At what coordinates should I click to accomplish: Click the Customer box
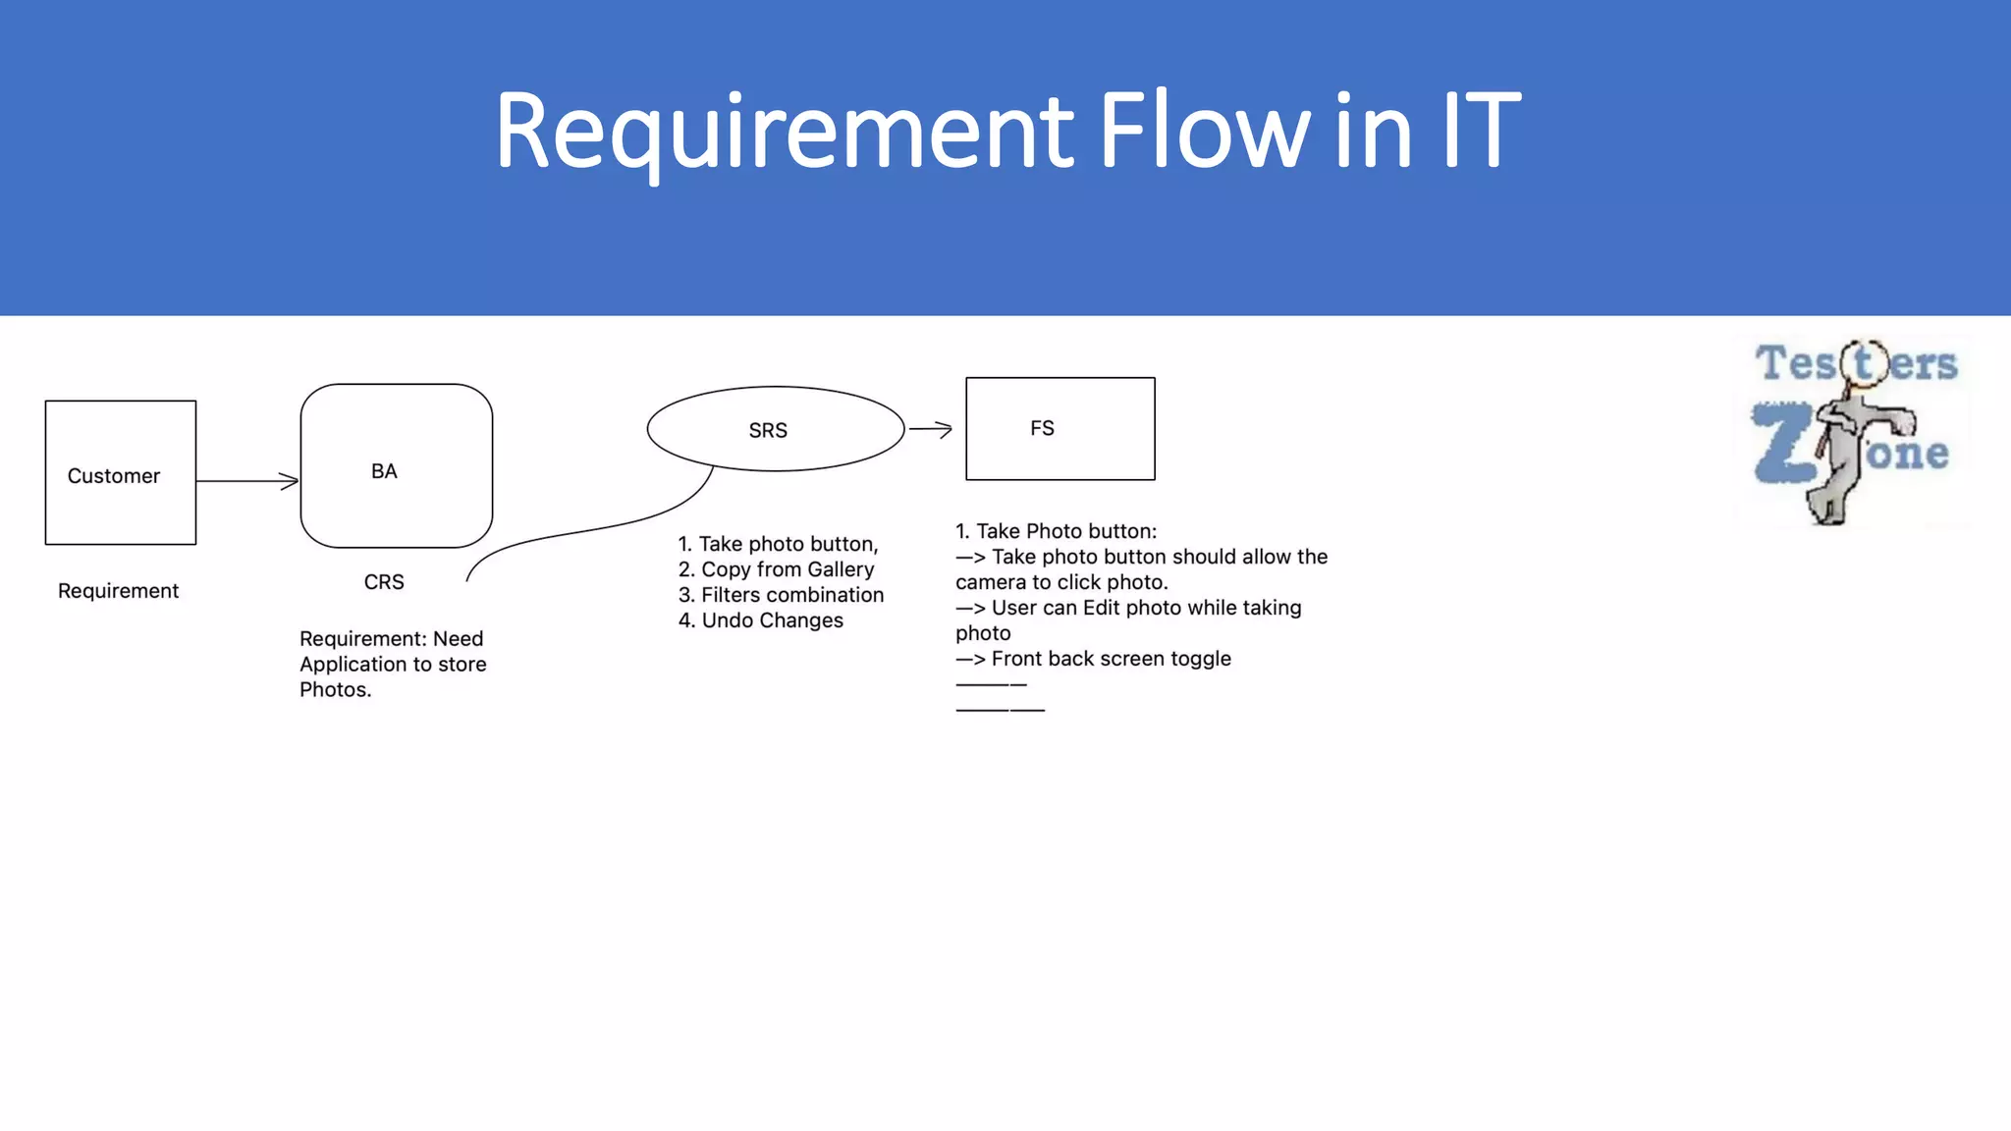click(x=120, y=473)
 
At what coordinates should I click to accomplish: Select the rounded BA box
click(x=396, y=466)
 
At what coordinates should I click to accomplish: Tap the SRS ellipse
click(x=775, y=430)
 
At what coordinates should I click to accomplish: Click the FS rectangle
click(x=1060, y=429)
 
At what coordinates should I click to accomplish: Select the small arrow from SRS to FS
click(x=930, y=429)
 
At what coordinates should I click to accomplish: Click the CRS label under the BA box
click(x=384, y=582)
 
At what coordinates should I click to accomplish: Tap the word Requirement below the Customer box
click(x=118, y=591)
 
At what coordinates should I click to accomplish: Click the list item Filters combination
click(x=790, y=595)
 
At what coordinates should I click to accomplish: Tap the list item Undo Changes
click(x=771, y=620)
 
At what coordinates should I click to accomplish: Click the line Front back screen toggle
click(x=1110, y=659)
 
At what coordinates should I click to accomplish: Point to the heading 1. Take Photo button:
click(x=1056, y=531)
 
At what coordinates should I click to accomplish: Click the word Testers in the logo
click(x=1856, y=364)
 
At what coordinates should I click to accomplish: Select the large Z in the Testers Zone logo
click(x=1782, y=444)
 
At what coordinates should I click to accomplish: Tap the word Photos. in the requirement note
click(x=335, y=690)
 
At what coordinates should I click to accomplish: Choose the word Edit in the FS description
click(x=1101, y=608)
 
